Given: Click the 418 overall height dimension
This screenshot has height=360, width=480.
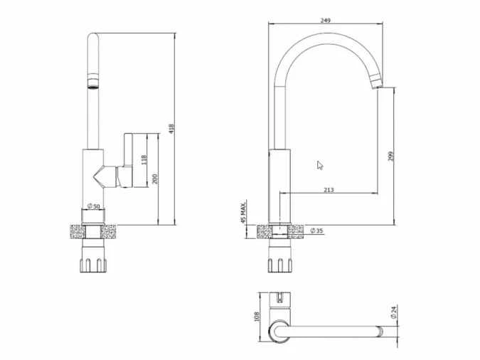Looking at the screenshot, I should pos(172,128).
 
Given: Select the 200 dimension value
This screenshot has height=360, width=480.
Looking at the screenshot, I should pos(156,179).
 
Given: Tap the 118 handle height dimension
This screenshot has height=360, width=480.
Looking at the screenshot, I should pos(144,160).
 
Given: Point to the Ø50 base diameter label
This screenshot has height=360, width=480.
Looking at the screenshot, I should pos(92,206).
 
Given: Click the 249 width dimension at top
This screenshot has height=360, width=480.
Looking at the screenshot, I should pos(326,21).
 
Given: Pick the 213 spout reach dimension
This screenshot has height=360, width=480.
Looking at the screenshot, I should pos(329,190).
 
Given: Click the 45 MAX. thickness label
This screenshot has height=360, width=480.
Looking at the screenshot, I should pos(243,211).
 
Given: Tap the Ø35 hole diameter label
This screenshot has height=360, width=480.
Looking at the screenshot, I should pos(318,231).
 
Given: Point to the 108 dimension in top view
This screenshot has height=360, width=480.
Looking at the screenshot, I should pos(257,315).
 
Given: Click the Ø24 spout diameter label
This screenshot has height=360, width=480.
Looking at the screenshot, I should pos(393,311).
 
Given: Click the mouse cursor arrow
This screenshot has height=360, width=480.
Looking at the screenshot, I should pos(320,165).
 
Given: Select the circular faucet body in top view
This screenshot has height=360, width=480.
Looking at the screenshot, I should pos(279,331).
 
